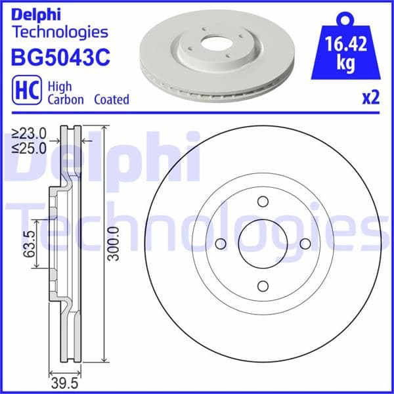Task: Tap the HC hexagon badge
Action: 25,92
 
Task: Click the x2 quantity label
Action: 370,98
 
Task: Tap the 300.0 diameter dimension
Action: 115,244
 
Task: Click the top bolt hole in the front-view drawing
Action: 263,202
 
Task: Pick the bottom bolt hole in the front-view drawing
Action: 263,286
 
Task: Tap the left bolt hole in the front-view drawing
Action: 221,244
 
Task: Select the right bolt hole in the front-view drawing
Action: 305,244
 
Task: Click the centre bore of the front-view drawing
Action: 263,244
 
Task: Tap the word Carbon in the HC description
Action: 65,100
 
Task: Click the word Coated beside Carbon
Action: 111,100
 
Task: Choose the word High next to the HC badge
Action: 62,86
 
